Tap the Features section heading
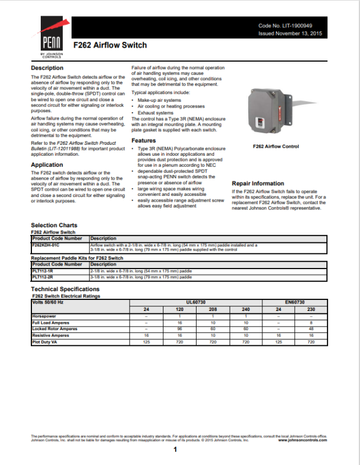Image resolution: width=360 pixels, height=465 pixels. tap(144, 141)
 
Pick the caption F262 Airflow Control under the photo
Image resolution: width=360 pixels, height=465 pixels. tap(276, 147)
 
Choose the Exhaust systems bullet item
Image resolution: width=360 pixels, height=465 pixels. tap(155, 113)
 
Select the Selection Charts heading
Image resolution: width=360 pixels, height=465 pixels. tap(54, 225)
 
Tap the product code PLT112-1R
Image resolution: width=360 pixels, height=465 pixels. tap(42, 271)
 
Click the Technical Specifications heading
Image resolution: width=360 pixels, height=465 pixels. tap(65, 289)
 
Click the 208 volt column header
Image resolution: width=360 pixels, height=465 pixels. tap(213, 309)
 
